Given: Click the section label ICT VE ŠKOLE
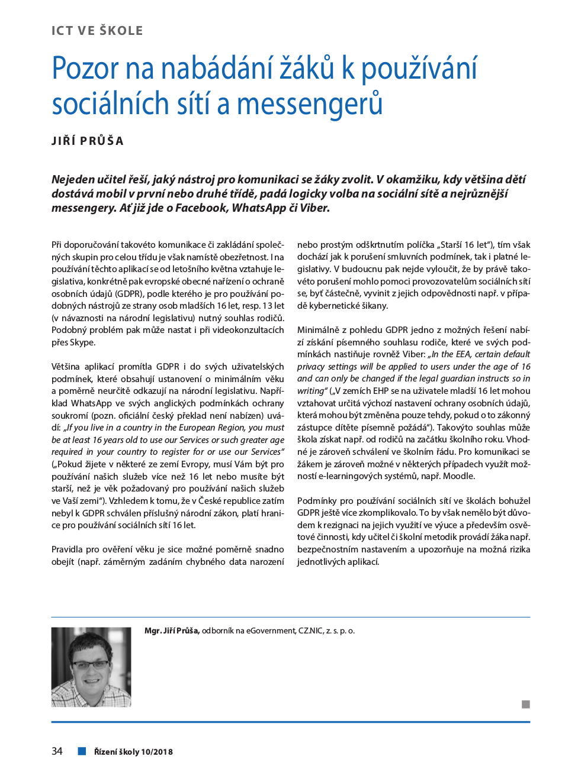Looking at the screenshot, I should click(x=97, y=31).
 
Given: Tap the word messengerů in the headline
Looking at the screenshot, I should click(x=310, y=104).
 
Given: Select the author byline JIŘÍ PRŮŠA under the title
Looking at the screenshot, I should click(x=88, y=141).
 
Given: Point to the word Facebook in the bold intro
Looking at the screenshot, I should click(x=201, y=208).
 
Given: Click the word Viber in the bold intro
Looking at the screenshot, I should click(x=314, y=208).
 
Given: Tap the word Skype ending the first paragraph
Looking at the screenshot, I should click(x=82, y=342).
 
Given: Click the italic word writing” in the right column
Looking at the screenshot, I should click(x=312, y=391).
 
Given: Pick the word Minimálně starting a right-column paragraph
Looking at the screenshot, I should click(x=317, y=330).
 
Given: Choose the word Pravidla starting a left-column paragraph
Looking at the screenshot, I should click(x=67, y=549).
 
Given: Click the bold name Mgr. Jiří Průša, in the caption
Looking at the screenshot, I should click(x=172, y=630).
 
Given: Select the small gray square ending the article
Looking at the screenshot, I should click(x=526, y=704).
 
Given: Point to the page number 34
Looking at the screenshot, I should click(x=57, y=751).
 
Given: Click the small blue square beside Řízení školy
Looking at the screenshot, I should click(x=82, y=751).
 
